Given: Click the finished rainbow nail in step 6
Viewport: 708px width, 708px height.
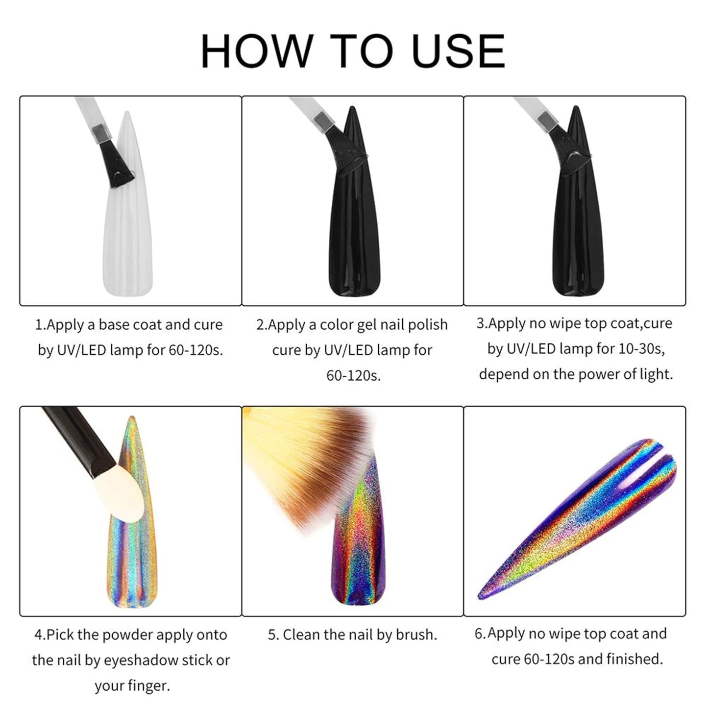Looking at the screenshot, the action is pos(577,518).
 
